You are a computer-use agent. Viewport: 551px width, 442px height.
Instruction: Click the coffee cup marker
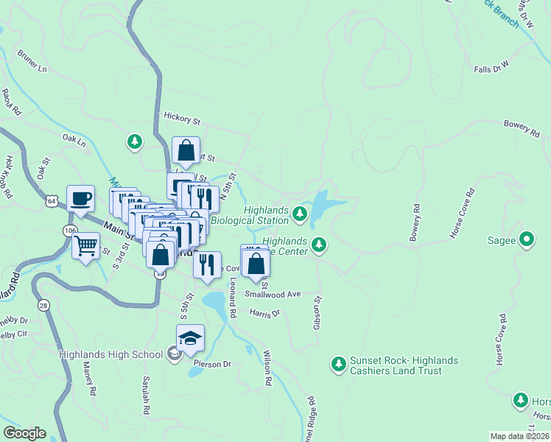tap(80, 198)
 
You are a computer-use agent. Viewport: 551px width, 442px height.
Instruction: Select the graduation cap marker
tap(190, 338)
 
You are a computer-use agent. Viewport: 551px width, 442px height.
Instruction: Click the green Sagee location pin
tap(527, 239)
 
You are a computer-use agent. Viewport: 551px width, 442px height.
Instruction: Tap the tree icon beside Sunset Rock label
tap(338, 364)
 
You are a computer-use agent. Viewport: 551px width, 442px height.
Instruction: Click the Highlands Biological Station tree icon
tap(299, 214)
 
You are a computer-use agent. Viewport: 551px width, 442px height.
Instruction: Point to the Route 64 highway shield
tap(51, 200)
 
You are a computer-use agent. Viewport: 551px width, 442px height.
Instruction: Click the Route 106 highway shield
tap(69, 231)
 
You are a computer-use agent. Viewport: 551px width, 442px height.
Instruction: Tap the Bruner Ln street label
tap(32, 65)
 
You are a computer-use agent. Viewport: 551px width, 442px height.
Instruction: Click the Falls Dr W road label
tap(492, 69)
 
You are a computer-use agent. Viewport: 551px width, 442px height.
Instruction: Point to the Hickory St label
tap(182, 118)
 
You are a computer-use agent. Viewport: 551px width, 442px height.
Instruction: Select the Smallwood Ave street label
tap(278, 294)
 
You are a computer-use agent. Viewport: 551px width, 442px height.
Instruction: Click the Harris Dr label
tap(264, 313)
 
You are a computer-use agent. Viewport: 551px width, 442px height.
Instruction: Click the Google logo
tap(24, 433)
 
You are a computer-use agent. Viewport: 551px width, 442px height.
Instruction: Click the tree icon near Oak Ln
tap(134, 141)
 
